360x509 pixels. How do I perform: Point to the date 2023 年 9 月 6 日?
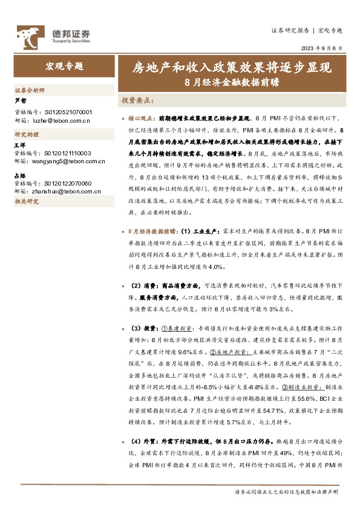pyautogui.click(x=321, y=48)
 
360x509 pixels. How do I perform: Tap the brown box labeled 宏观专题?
pyautogui.click(x=65, y=66)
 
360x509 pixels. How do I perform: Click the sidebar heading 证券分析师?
pyautogui.click(x=30, y=90)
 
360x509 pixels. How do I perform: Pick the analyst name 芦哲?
pyautogui.click(x=21, y=101)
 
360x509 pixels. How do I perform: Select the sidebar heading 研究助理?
pyautogui.click(x=26, y=134)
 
